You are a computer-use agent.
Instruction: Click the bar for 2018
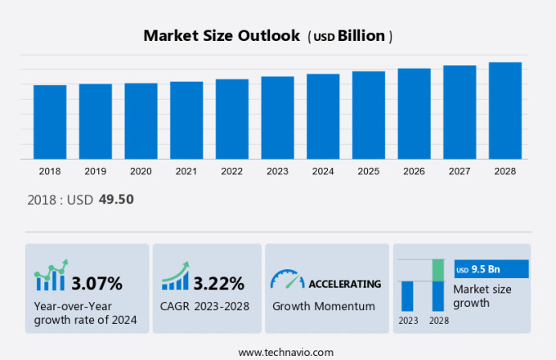50,122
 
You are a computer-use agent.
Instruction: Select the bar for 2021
186,120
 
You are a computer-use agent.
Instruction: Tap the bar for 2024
323,116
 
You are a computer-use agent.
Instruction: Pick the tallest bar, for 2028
505,110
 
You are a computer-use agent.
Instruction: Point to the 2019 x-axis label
95,172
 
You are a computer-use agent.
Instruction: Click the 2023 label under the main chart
277,172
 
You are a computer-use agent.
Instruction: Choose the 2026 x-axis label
414,172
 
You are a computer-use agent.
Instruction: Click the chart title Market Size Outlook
221,36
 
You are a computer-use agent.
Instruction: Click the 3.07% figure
96,284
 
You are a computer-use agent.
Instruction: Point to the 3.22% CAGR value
218,284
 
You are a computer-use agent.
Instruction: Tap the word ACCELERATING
344,284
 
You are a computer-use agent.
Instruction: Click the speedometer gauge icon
287,280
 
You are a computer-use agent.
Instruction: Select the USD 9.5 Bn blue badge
491,269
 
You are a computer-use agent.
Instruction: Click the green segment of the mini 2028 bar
438,270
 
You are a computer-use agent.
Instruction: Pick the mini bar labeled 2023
407,295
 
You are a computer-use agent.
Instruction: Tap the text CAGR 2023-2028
205,306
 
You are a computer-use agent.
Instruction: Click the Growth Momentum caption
323,306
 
